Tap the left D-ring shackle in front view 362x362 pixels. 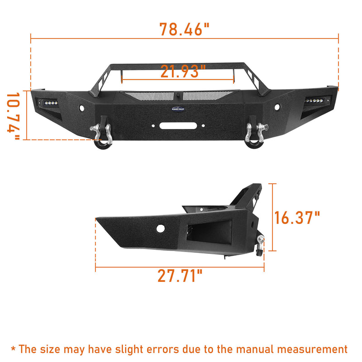(x=101, y=136)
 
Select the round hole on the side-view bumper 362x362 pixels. (x=160, y=229)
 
